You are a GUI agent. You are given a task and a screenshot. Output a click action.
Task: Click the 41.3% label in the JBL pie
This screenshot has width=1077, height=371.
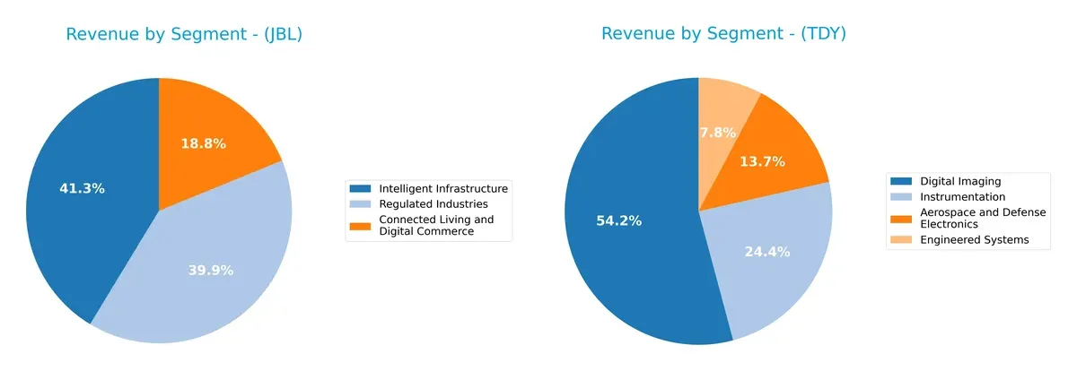[83, 189]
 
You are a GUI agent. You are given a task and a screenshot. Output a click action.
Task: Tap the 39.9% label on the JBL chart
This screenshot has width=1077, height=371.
[211, 270]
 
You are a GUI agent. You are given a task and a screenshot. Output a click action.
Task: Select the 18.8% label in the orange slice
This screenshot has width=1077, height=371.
[203, 143]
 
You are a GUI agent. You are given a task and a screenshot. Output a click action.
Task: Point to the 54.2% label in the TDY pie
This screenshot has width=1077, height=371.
[619, 220]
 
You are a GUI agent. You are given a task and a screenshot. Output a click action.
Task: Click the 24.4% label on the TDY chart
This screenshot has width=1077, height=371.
[767, 252]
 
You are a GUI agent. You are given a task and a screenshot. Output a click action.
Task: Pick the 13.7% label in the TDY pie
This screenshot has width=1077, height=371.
[763, 161]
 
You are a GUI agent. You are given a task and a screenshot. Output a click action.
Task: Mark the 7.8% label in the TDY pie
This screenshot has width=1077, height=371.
[717, 133]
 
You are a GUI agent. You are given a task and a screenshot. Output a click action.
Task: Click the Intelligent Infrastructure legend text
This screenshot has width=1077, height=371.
[443, 188]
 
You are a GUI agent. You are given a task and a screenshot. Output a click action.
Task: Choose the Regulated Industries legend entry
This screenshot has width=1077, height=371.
[433, 203]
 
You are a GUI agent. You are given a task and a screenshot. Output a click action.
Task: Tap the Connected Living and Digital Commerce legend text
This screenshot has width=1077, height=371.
[436, 225]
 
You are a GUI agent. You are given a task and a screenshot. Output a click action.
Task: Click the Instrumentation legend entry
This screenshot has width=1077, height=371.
[963, 196]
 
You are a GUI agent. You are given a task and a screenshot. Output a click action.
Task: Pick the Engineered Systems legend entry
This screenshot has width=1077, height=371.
[975, 239]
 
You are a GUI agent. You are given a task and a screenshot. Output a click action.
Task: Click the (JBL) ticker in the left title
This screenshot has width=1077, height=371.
[278, 35]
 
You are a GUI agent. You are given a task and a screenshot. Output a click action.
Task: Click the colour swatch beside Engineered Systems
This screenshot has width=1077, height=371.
[902, 239]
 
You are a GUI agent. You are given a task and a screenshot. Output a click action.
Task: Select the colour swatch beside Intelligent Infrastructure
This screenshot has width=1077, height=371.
[360, 188]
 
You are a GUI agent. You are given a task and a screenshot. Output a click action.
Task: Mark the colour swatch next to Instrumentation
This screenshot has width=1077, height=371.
[902, 196]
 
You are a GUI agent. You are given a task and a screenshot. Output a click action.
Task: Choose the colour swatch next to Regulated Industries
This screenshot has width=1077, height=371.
[360, 203]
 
